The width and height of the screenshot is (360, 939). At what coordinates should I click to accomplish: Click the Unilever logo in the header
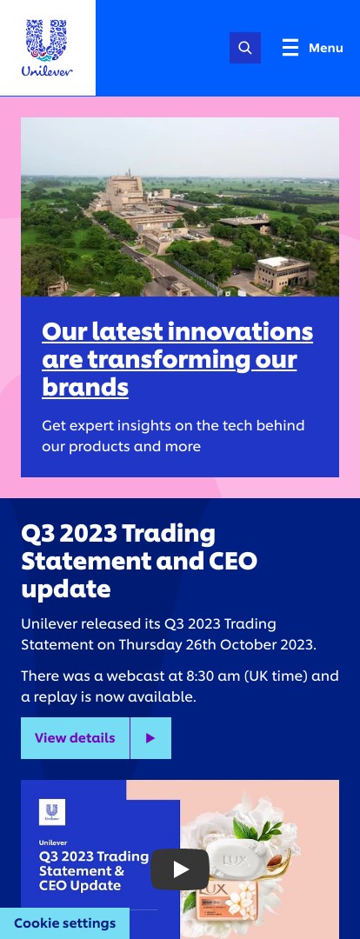(47, 48)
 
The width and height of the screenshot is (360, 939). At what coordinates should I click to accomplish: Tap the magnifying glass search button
(245, 48)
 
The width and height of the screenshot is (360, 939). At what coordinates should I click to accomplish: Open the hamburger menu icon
(290, 47)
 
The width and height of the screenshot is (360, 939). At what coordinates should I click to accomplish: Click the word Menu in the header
(326, 48)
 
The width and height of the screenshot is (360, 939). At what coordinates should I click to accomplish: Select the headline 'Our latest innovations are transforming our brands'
(177, 359)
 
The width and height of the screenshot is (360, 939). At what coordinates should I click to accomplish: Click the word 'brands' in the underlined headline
(85, 388)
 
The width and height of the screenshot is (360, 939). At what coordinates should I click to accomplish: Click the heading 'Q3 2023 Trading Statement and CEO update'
(139, 561)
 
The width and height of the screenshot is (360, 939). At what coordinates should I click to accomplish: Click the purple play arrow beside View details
(150, 738)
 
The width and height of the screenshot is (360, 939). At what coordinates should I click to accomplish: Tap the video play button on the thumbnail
(180, 869)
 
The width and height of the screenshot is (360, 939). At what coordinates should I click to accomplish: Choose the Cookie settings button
(64, 923)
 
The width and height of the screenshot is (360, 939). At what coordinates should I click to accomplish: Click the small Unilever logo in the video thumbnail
(52, 812)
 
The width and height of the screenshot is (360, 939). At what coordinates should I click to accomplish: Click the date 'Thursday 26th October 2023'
(217, 645)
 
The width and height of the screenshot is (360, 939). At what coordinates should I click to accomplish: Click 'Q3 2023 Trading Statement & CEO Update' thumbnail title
(93, 870)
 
